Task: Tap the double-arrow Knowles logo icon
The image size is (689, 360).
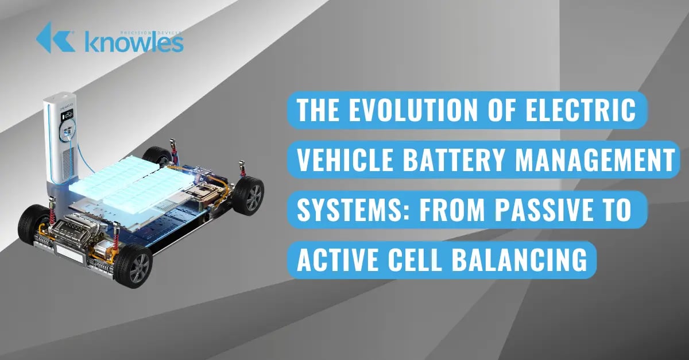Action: point(56,37)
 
